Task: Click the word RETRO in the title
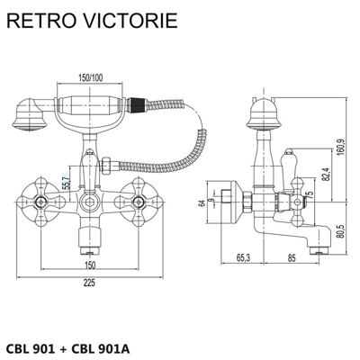[x=40, y=20]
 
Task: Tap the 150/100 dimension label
[x=90, y=78]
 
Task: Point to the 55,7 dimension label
[x=67, y=182]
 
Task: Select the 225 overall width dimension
[x=89, y=283]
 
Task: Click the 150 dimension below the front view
[x=90, y=265]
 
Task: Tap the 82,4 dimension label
[x=327, y=173]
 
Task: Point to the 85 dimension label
[x=292, y=257]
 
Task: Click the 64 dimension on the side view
[x=203, y=203]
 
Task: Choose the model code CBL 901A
[x=101, y=348]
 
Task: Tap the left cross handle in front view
[x=41, y=202]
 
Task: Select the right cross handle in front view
[x=139, y=202]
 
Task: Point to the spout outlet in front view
[x=90, y=250]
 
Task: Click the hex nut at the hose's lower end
[x=106, y=166]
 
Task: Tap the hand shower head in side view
[x=264, y=116]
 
